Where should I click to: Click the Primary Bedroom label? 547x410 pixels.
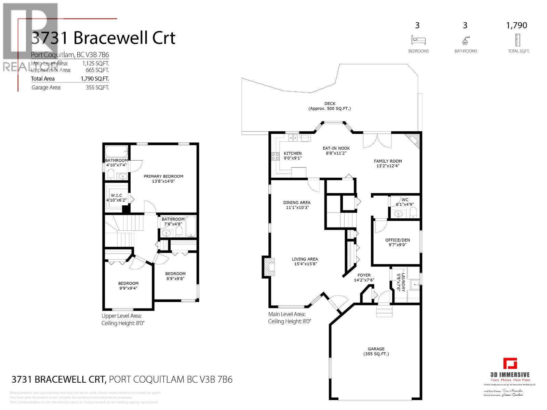tap(163, 177)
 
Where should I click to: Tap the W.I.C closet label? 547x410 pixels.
tap(116, 195)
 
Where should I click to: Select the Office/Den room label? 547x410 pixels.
tap(397, 240)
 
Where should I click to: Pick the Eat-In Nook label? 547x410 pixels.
tap(336, 148)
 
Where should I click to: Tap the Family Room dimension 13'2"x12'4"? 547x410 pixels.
tap(388, 166)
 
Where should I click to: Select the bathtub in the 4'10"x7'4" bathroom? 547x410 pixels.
tap(116, 151)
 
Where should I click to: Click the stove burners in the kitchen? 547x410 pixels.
tap(275, 157)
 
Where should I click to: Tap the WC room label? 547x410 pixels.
tap(405, 200)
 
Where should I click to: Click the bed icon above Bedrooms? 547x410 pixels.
tap(418, 40)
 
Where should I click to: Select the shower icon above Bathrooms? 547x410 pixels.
tap(465, 41)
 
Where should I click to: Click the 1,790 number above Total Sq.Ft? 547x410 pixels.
tap(517, 25)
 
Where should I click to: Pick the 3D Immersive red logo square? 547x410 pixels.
tap(510, 364)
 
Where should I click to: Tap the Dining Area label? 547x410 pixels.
tap(296, 203)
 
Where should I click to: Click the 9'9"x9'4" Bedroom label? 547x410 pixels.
tap(128, 283)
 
